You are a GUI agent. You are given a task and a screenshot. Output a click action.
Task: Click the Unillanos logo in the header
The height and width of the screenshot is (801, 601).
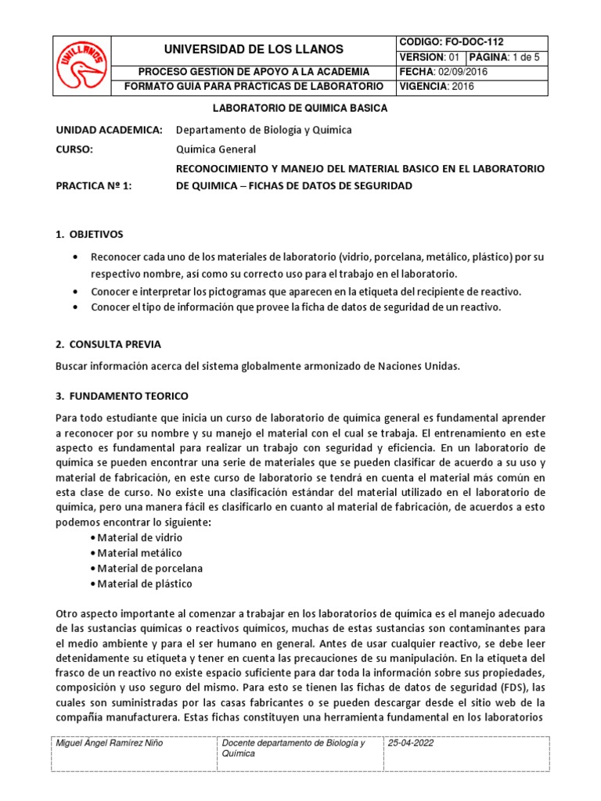coord(81,66)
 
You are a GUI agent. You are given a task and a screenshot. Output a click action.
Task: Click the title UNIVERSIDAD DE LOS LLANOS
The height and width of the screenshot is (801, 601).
coord(254,49)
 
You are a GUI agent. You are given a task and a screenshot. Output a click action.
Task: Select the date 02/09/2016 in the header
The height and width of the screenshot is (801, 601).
coord(463,72)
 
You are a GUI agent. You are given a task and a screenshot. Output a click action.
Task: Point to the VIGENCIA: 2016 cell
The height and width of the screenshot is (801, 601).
coord(437,87)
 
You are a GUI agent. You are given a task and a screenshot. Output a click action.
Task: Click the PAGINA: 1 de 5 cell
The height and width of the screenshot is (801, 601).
coord(508,57)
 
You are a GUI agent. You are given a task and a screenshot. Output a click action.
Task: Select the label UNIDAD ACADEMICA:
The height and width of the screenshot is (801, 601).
coord(109,129)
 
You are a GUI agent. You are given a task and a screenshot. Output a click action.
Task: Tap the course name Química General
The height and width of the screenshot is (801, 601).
coord(216,149)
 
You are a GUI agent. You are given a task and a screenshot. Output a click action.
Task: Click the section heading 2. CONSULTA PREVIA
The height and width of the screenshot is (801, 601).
coord(108,344)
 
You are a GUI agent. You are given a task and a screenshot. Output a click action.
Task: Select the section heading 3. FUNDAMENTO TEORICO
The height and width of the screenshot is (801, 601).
coord(121,396)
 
